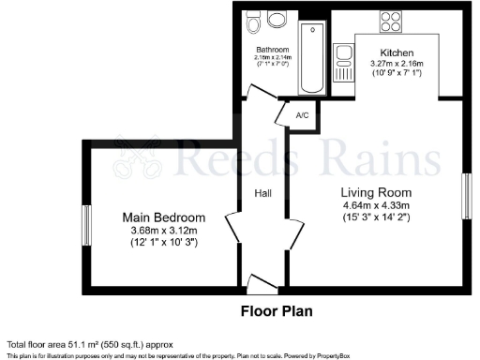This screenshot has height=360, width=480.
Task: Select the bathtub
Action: pos(310,58)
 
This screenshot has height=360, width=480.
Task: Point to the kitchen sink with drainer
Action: pos(343,63)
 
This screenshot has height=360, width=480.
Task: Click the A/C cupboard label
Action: pos(303,115)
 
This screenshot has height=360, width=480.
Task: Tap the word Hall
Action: pos(263,194)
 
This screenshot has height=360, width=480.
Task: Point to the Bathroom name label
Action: pos(273,49)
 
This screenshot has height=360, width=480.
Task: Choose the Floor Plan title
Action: pos(277,310)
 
